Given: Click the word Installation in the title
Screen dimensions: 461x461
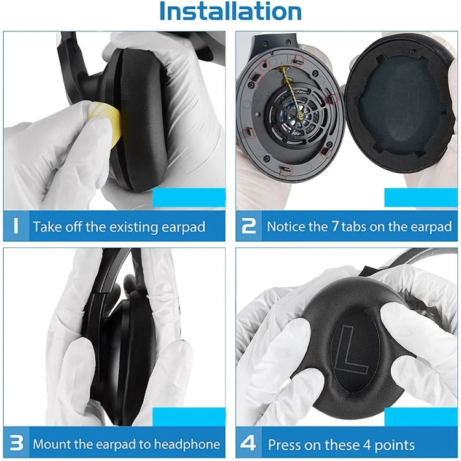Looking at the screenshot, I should pos(230,12).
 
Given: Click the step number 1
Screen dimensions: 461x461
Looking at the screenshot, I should pos(17,226).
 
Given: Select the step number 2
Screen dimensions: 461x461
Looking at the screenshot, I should pos(249,226).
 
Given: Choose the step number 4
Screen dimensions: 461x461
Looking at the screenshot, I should pos(250,443).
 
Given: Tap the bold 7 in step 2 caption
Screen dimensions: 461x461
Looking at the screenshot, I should pos(335,226).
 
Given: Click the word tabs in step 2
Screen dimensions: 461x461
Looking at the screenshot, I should pos(357,227).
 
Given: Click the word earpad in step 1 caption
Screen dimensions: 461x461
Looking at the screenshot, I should pos(183,227).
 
